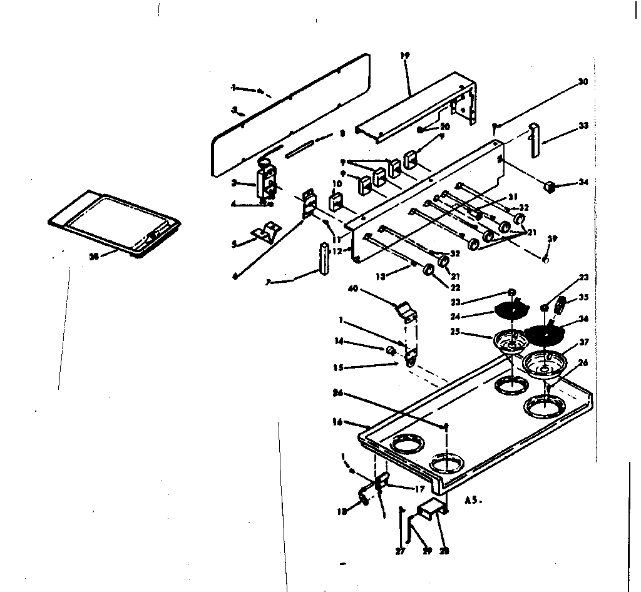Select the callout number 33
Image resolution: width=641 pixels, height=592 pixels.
[583, 125]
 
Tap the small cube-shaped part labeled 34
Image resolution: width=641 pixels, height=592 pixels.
[551, 186]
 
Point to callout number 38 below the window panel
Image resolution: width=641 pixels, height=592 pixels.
[94, 255]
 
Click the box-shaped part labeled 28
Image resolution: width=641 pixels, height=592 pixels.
[432, 511]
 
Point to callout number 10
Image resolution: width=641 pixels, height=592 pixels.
[336, 183]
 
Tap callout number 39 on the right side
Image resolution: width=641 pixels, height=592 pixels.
[551, 238]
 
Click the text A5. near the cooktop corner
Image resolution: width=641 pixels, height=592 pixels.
[474, 501]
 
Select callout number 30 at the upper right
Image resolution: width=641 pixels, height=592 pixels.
[582, 82]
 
